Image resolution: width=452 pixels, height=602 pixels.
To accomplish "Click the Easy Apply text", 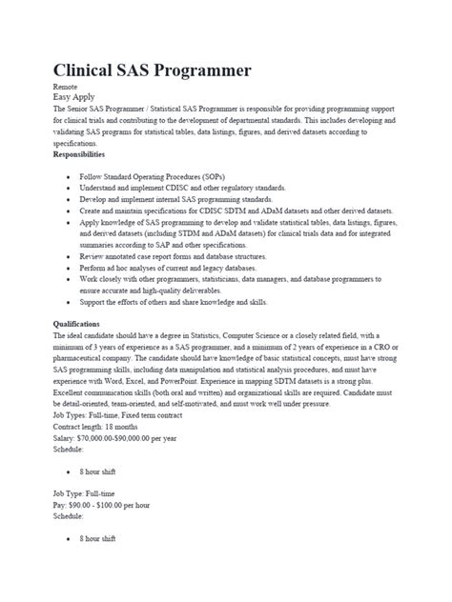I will tap(75, 96).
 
